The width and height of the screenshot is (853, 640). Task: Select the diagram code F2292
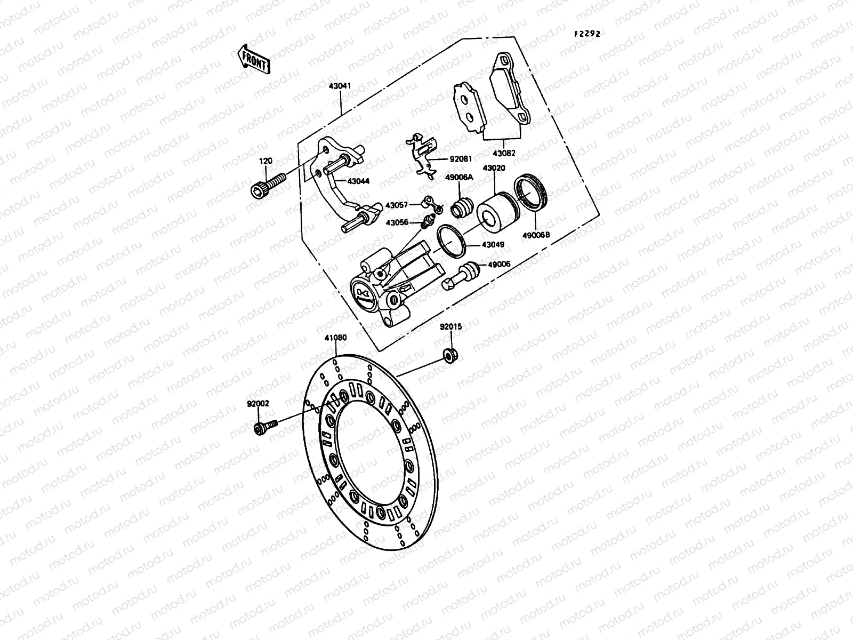[x=587, y=34]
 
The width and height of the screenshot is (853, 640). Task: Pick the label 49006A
[x=459, y=178]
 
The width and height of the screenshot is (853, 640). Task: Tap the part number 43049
[x=493, y=245]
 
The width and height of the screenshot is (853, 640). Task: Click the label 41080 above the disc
[x=335, y=338]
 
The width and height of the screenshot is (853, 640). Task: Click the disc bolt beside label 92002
[x=265, y=427]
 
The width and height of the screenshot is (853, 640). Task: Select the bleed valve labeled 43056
[x=426, y=222]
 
